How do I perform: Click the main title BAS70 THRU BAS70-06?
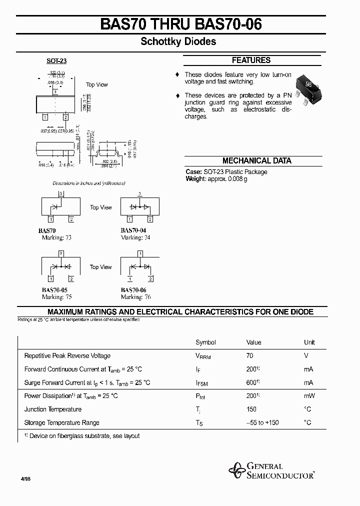(x=181, y=24)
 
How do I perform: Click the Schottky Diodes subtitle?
(x=178, y=42)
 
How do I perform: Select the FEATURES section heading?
(x=251, y=60)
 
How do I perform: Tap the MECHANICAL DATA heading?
(x=256, y=161)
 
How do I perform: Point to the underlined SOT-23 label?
(x=56, y=60)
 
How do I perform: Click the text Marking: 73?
(x=56, y=237)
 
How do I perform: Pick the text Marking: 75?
(x=56, y=297)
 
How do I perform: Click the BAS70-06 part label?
(x=133, y=290)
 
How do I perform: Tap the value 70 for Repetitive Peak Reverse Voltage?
(x=250, y=355)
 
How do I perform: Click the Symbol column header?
(x=205, y=342)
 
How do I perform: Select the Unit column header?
(x=309, y=342)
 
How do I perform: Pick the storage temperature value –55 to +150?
(x=262, y=423)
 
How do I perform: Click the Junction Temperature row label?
(x=52, y=409)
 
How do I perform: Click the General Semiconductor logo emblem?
(x=236, y=470)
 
